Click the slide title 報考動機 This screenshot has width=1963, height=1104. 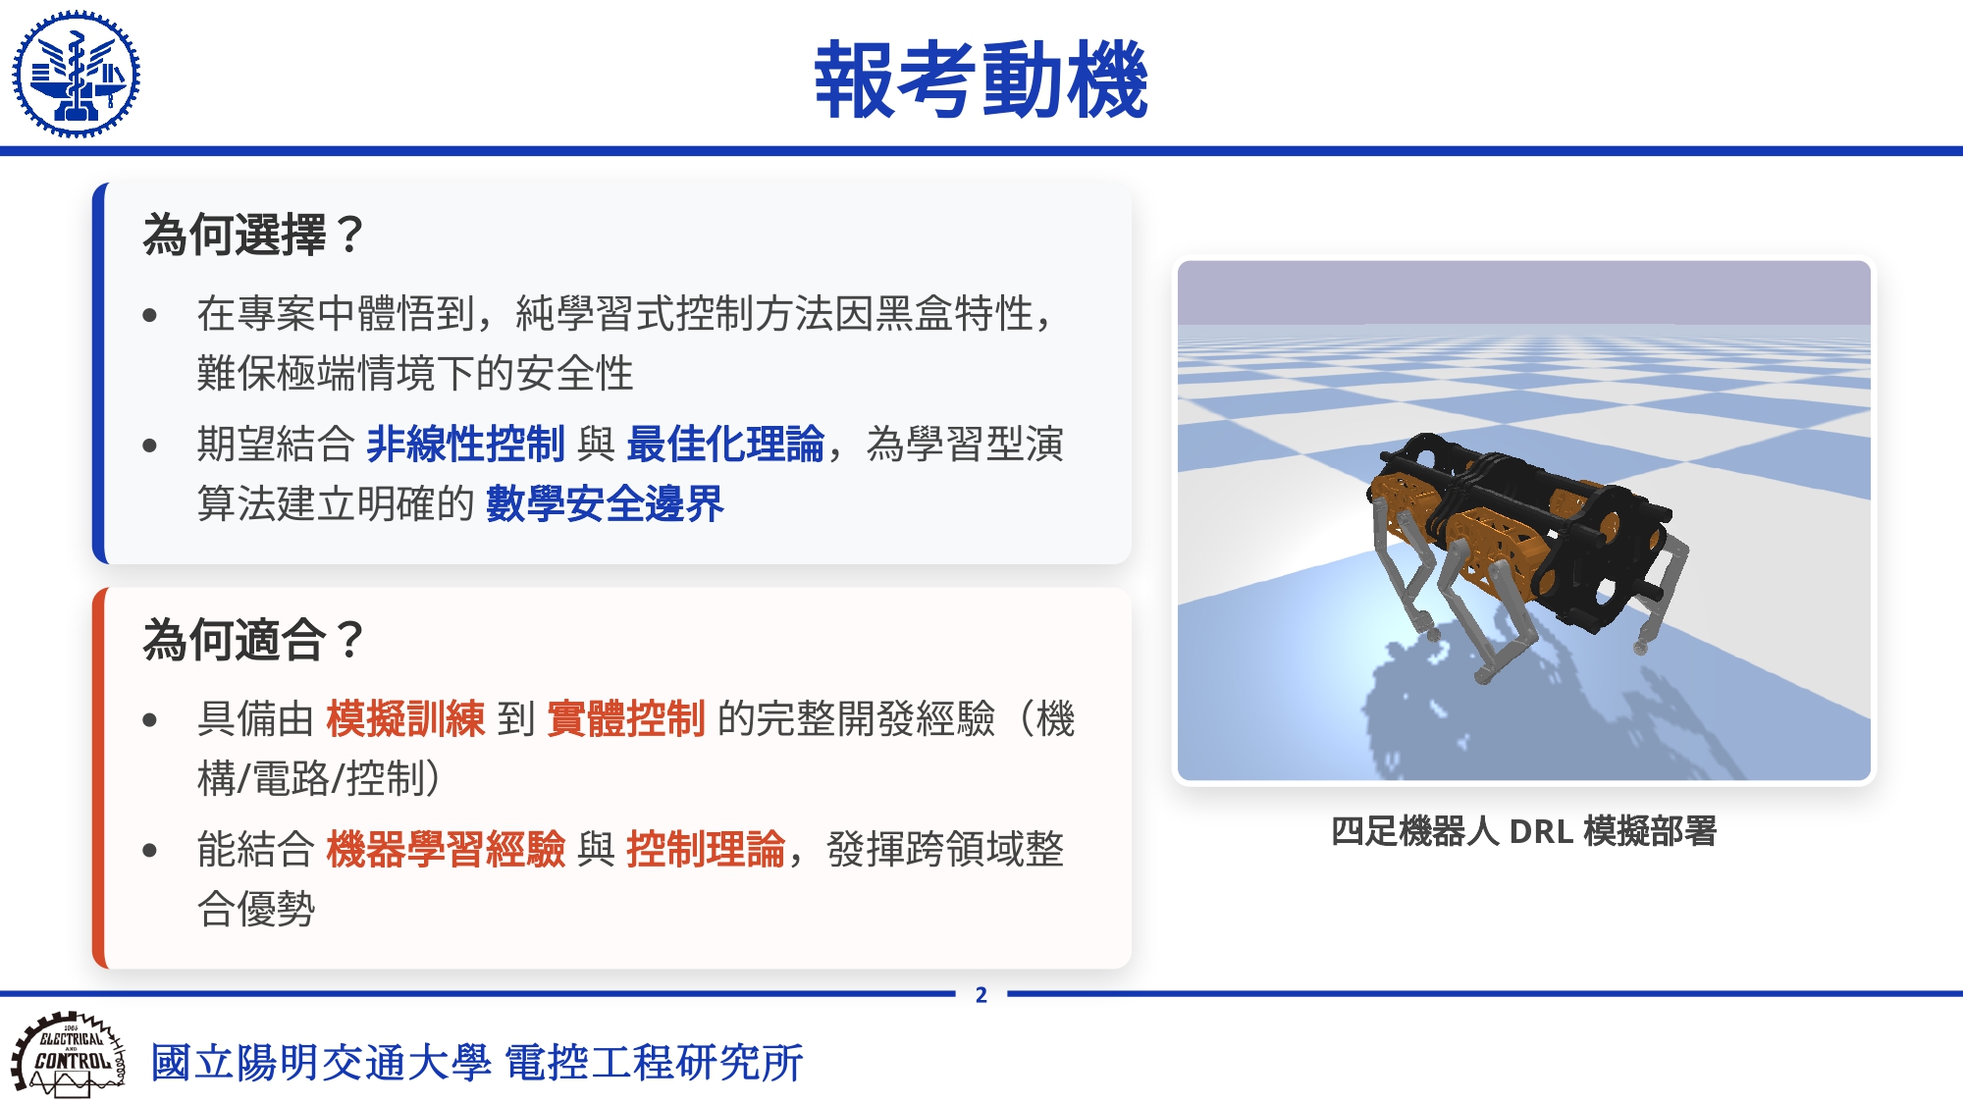[981, 79]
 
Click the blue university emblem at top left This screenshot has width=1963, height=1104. [76, 75]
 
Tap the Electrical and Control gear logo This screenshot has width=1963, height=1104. [69, 1055]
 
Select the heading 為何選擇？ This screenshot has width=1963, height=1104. [254, 236]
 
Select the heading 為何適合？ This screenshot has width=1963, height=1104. [254, 640]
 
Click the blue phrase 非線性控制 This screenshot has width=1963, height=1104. [465, 444]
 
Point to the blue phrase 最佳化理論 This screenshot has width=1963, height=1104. [725, 444]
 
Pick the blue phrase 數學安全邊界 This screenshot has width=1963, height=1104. [605, 504]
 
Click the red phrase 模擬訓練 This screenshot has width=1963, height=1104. [405, 718]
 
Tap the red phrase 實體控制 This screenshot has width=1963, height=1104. [626, 718]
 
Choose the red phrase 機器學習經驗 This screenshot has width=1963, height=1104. [446, 849]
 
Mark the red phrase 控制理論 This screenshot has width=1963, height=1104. [706, 849]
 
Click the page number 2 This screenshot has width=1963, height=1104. [981, 995]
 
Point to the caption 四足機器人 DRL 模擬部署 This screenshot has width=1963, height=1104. [1523, 831]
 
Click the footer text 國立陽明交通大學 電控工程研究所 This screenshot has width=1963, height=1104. [477, 1063]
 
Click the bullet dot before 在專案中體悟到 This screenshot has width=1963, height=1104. [150, 315]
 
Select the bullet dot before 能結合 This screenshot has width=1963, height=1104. [150, 850]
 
